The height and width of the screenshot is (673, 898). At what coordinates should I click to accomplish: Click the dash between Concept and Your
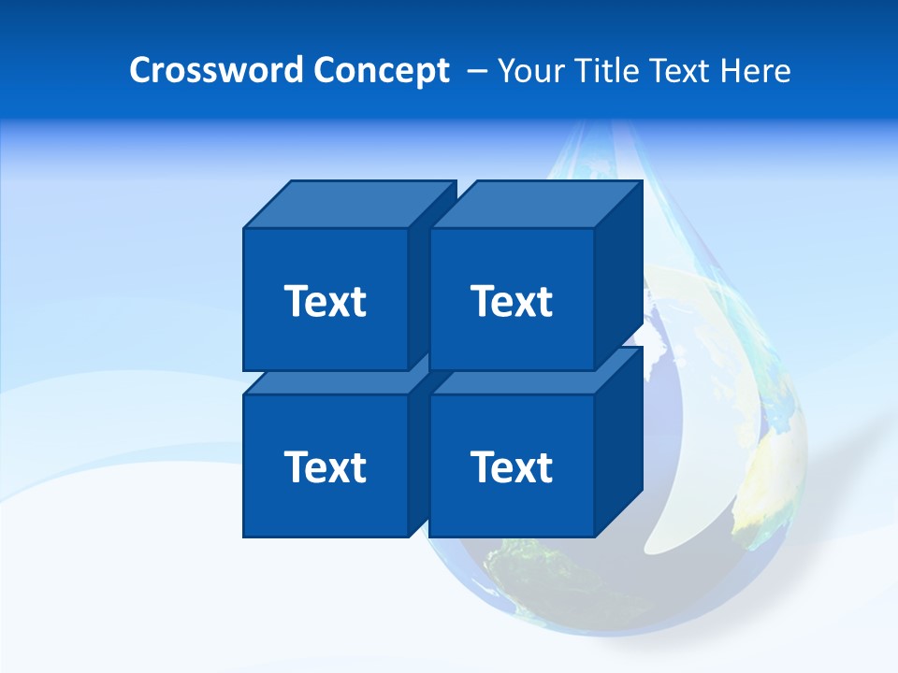[x=475, y=71]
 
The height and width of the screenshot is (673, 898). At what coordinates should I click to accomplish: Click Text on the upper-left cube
[x=326, y=301]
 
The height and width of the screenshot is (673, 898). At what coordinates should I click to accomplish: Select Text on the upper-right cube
[x=512, y=301]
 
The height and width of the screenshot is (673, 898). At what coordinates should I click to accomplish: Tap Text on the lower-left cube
[x=326, y=466]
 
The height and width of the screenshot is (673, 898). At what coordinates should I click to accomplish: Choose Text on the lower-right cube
[x=512, y=466]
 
